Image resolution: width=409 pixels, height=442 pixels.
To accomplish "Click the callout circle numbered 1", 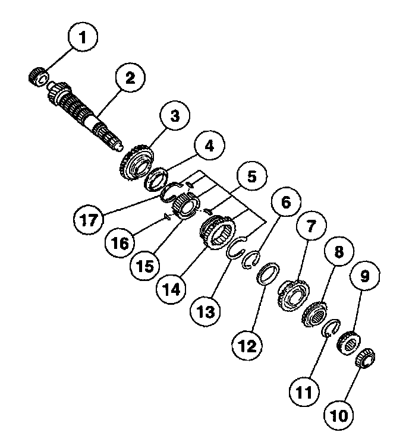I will pyautogui.click(x=83, y=37).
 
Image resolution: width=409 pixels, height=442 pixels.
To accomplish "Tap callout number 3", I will pyautogui.click(x=174, y=116).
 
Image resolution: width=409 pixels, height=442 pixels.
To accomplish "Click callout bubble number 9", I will pyautogui.click(x=364, y=276).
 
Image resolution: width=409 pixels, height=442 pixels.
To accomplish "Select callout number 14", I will pyautogui.click(x=171, y=290).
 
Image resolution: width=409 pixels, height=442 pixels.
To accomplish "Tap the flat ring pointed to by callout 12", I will pyautogui.click(x=268, y=274).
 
